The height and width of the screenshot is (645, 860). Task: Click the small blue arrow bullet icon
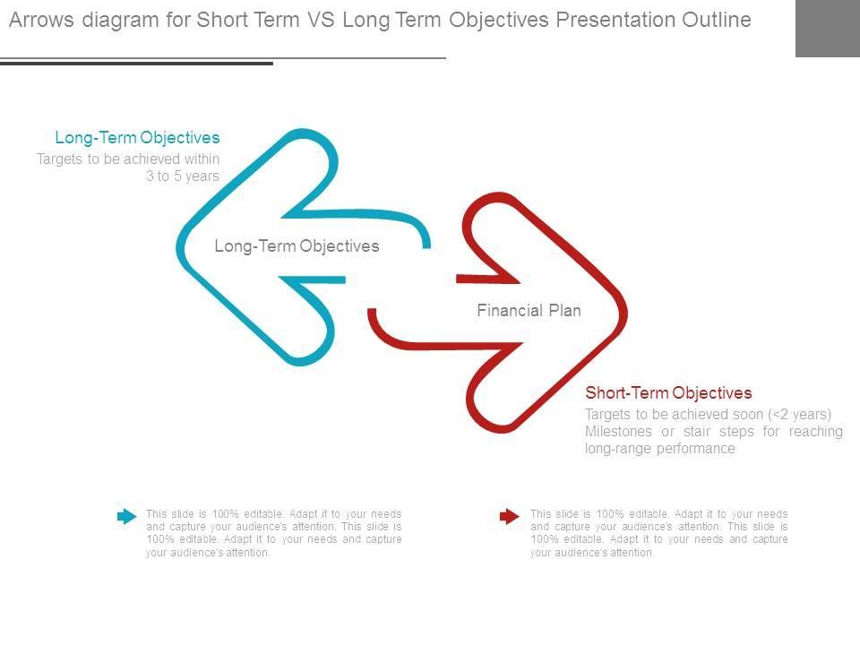tap(126, 516)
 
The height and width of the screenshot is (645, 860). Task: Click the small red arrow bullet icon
tap(510, 516)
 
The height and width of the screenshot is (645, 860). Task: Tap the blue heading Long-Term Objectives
tap(137, 137)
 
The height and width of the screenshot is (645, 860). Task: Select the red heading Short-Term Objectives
tap(668, 392)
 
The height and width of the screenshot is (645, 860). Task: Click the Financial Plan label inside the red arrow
tap(529, 311)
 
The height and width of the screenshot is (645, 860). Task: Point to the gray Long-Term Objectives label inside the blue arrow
tap(297, 245)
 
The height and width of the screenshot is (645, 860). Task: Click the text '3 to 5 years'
tap(183, 176)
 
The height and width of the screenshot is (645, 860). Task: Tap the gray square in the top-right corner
tap(828, 29)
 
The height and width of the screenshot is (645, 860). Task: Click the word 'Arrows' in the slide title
tap(41, 20)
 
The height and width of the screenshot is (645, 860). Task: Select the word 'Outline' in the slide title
tap(717, 20)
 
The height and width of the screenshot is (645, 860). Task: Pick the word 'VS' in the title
tap(321, 20)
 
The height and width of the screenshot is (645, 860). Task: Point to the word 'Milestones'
tap(618, 432)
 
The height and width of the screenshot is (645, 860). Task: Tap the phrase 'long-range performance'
tap(660, 449)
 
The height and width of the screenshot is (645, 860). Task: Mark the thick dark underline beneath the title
tap(136, 64)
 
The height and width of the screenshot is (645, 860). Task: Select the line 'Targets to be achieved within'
tap(128, 159)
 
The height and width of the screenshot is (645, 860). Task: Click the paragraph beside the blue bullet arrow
tap(274, 533)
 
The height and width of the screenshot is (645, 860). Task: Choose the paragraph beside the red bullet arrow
tap(658, 533)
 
